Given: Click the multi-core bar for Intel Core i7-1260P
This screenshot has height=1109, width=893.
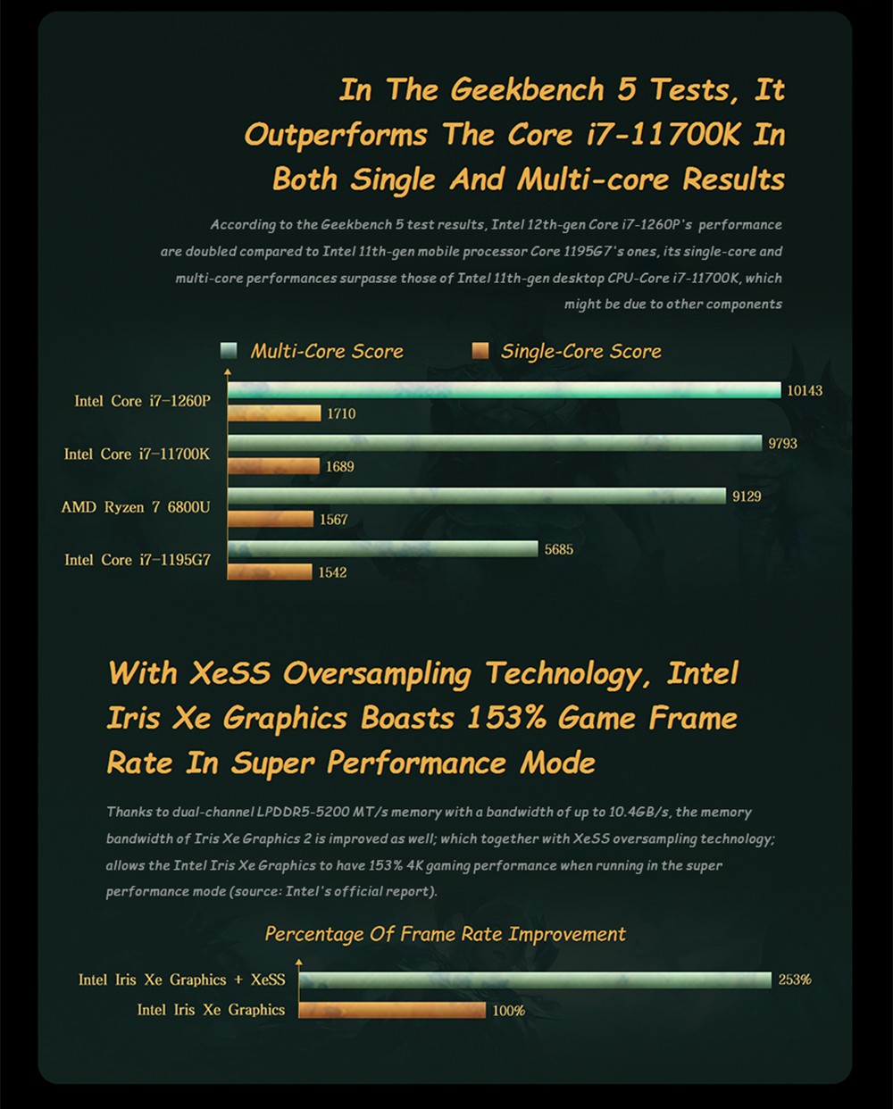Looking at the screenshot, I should pyautogui.click(x=505, y=390).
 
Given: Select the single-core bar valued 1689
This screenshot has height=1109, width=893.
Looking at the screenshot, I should pyautogui.click(x=273, y=466).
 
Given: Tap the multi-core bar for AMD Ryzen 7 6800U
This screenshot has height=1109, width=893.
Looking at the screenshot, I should pyautogui.click(x=477, y=496).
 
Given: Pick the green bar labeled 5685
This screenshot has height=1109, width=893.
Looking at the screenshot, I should pyautogui.click(x=383, y=549).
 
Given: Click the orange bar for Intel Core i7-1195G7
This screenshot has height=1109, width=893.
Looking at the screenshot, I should pyautogui.click(x=270, y=571).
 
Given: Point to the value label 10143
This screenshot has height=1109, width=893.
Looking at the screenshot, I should pyautogui.click(x=805, y=391).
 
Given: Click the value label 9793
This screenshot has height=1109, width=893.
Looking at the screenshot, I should pyautogui.click(x=782, y=444).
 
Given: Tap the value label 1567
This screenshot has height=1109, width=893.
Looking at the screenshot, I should pyautogui.click(x=333, y=520).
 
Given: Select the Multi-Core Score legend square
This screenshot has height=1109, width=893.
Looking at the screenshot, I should pyautogui.click(x=230, y=351).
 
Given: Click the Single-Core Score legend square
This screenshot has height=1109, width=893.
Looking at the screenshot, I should pyautogui.click(x=480, y=351).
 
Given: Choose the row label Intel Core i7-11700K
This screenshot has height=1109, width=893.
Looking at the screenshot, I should pyautogui.click(x=137, y=454).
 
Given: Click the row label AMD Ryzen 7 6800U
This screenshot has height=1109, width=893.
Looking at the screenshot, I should pyautogui.click(x=136, y=507).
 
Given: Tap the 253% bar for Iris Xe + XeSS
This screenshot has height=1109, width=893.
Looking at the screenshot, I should pyautogui.click(x=535, y=980).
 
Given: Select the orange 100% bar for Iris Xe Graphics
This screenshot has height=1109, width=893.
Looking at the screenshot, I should pyautogui.click(x=392, y=1010).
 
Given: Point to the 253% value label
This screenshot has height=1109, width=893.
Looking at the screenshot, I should pyautogui.click(x=795, y=980).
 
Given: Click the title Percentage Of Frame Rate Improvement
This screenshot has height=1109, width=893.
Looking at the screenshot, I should pyautogui.click(x=445, y=934).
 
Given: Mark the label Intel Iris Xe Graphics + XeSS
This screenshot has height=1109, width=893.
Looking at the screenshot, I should pyautogui.click(x=182, y=980).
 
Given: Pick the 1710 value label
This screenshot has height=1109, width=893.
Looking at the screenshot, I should pyautogui.click(x=341, y=413).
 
